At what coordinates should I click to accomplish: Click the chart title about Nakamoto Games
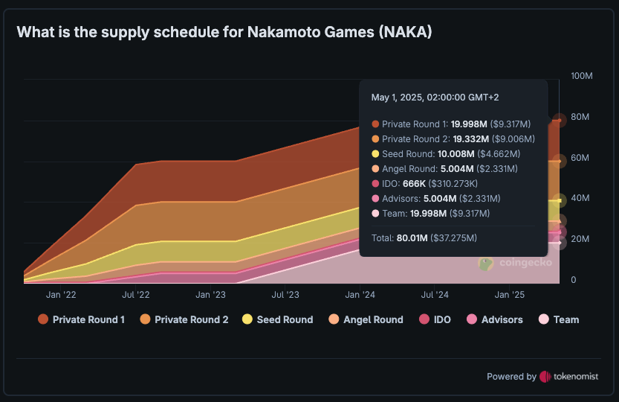coord(224,32)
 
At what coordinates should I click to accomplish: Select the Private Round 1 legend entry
coord(81,319)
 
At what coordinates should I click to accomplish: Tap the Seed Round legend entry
coord(277,319)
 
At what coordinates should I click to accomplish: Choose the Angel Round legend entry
coord(365,319)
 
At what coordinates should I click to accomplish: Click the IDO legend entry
coord(435,319)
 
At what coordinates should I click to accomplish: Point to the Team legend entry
coord(558,319)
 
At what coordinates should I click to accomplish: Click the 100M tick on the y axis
coord(582,77)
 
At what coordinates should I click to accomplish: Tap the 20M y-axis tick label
coord(580,239)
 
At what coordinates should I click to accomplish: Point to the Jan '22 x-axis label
coord(61,295)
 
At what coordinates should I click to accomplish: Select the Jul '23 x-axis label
coord(285,295)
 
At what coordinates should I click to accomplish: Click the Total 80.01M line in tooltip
coord(424,238)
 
